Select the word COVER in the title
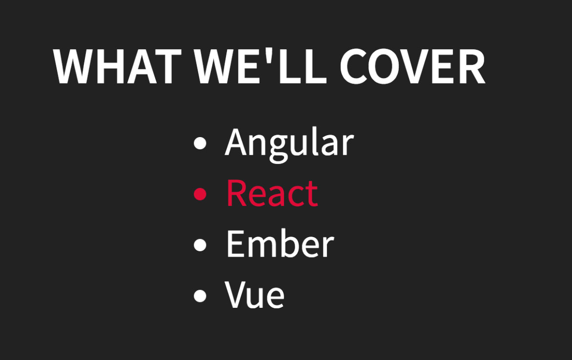tap(412, 67)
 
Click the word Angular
tap(289, 142)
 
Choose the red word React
tap(272, 193)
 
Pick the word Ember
tap(280, 244)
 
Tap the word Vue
tap(255, 295)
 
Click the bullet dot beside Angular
tap(200, 143)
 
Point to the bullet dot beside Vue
tap(200, 296)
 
